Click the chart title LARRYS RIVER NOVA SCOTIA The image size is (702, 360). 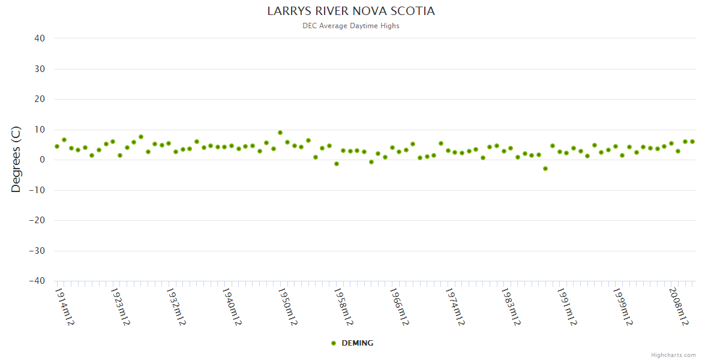pyautogui.click(x=351, y=11)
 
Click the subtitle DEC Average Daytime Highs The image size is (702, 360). pyautogui.click(x=351, y=26)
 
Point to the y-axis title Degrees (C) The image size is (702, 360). pyautogui.click(x=16, y=160)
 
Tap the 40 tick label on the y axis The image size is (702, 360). pyautogui.click(x=40, y=38)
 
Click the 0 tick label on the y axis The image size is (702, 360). pyautogui.click(x=43, y=160)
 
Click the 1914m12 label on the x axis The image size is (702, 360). pyautogui.click(x=64, y=307)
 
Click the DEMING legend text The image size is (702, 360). pyautogui.click(x=357, y=343)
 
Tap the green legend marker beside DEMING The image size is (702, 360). pyautogui.click(x=334, y=343)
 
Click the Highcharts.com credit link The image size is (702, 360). pyautogui.click(x=673, y=355)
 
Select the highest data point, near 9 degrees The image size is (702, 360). pyautogui.click(x=280, y=133)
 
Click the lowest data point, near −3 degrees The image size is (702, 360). pyautogui.click(x=545, y=169)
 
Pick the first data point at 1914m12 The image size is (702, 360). pyautogui.click(x=57, y=146)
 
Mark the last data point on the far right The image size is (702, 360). pyautogui.click(x=692, y=142)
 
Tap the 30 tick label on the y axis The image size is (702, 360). pyautogui.click(x=40, y=69)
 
